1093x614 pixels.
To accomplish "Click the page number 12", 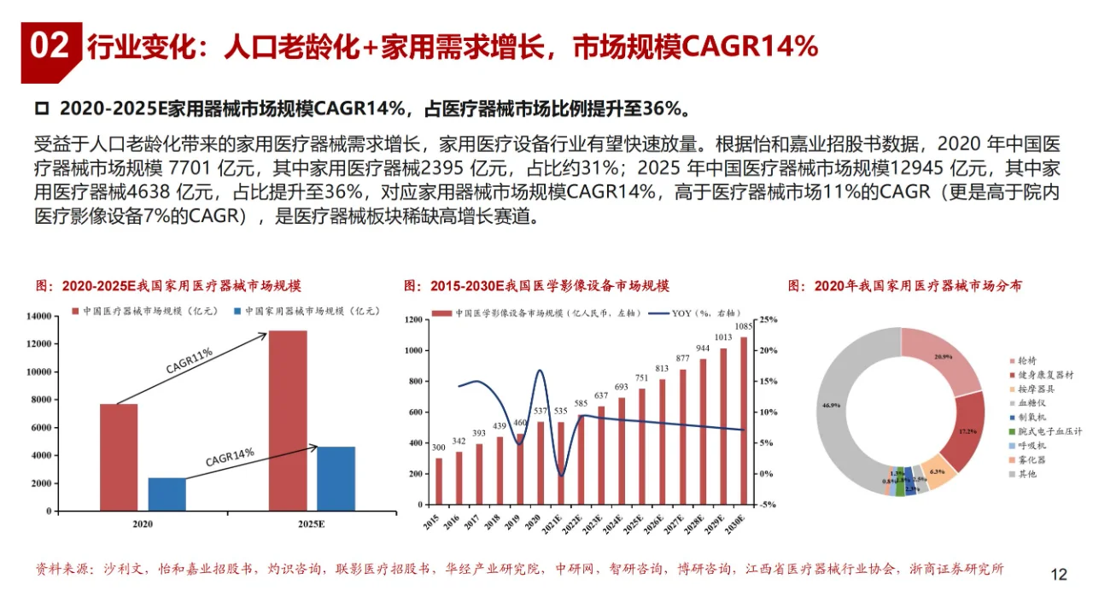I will [x=1058, y=575].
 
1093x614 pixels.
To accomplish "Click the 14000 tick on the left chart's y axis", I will [x=39, y=317].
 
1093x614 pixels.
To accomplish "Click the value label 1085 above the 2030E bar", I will [x=743, y=326].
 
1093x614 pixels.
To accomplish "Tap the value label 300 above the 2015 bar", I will [x=438, y=447].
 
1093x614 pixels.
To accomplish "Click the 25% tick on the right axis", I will [x=768, y=320].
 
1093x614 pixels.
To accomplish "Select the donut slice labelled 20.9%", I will [x=944, y=356].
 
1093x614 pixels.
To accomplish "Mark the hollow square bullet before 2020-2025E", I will [x=40, y=109].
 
